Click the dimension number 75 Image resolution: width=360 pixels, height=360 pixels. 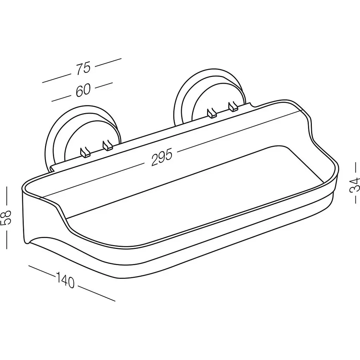(x=84, y=68)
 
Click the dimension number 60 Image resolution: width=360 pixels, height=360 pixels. (x=83, y=90)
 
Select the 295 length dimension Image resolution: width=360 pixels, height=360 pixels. (x=162, y=157)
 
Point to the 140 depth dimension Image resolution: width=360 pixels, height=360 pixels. (x=65, y=279)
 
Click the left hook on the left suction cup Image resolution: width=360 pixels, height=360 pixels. (x=85, y=153)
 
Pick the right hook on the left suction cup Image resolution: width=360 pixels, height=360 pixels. (x=107, y=146)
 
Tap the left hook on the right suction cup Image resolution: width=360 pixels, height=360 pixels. (x=212, y=113)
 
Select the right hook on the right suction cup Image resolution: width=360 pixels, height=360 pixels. (x=233, y=106)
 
